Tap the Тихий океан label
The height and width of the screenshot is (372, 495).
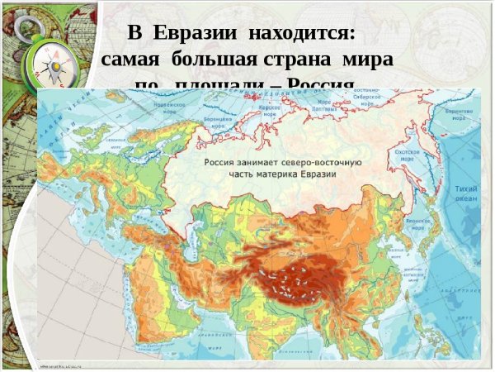pos(466,193)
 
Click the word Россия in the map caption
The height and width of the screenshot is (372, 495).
pos(222,162)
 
